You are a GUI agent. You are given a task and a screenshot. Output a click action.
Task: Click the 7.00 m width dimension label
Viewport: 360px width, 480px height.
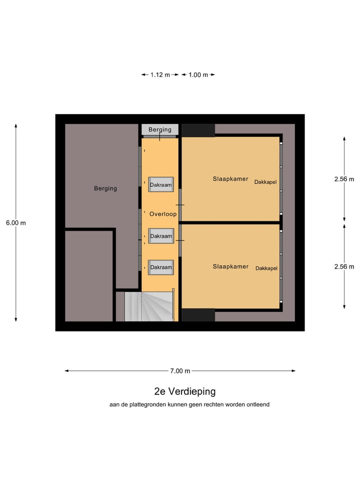[x=180, y=371]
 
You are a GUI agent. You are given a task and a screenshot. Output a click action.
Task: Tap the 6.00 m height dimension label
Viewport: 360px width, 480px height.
[x=16, y=223]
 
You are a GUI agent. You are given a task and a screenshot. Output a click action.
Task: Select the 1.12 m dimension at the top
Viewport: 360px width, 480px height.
[x=160, y=75]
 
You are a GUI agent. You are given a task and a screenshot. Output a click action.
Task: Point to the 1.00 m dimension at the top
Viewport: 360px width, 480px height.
[x=198, y=75]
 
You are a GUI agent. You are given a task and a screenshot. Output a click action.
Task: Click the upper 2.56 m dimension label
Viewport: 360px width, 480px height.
[x=344, y=179]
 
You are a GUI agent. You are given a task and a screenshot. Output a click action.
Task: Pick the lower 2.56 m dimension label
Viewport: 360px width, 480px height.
[x=344, y=267]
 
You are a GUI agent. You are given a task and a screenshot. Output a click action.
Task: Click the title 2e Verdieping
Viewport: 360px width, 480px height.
[x=184, y=391]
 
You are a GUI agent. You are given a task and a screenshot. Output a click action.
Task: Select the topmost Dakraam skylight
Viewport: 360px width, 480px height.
[x=160, y=185]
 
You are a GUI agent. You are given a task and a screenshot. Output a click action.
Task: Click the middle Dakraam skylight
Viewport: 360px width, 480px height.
[x=160, y=236]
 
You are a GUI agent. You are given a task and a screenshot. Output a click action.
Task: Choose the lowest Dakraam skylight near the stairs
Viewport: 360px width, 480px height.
[x=160, y=267]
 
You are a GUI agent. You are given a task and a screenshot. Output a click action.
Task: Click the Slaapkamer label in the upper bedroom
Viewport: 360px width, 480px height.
[x=230, y=179]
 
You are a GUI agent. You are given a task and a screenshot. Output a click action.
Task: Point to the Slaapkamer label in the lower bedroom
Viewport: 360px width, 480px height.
[x=230, y=267]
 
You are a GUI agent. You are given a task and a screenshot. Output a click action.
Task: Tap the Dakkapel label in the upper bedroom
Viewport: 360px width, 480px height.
[x=265, y=182]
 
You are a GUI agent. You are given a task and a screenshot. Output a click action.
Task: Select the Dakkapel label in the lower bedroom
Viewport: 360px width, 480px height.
[x=266, y=268]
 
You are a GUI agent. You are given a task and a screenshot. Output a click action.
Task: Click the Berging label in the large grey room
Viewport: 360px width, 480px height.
[x=105, y=188]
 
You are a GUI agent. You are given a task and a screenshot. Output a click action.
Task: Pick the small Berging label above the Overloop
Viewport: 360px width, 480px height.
[x=160, y=129]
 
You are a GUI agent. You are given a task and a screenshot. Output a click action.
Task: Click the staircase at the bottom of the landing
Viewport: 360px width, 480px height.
[x=150, y=306]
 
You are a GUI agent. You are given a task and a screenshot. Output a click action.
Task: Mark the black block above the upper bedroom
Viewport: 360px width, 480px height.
[x=198, y=130]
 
